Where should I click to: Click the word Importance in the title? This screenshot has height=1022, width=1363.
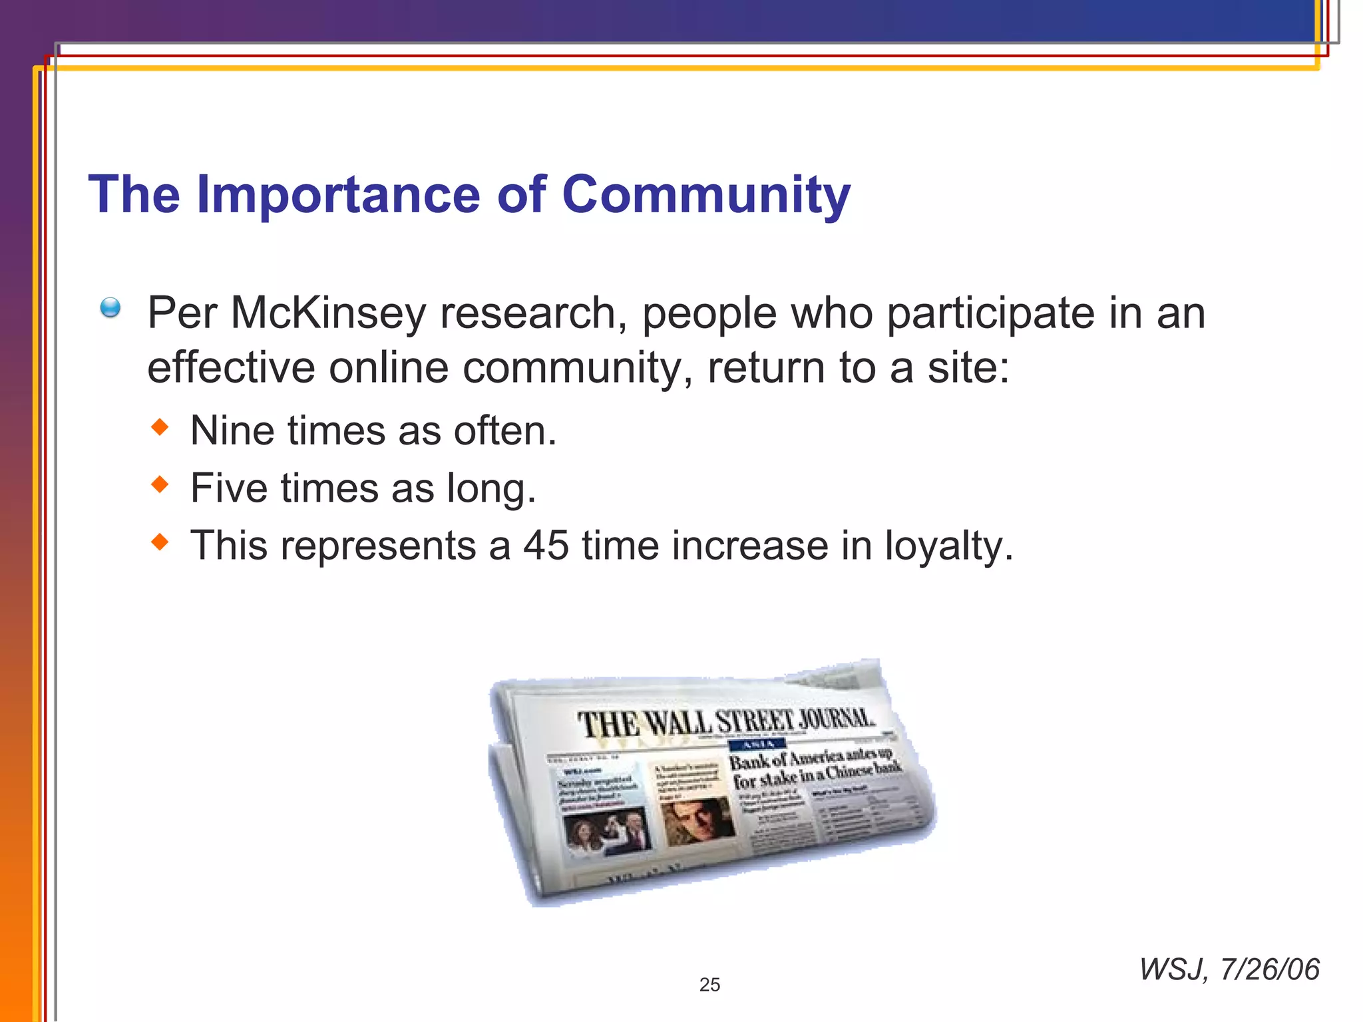[338, 194]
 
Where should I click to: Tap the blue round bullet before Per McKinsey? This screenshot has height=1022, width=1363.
[110, 307]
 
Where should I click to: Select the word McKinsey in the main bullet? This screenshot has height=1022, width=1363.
[327, 313]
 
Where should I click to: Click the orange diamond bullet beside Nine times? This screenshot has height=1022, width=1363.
[160, 427]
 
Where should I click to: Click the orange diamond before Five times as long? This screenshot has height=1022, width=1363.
[160, 484]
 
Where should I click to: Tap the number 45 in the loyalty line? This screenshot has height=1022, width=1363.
[546, 546]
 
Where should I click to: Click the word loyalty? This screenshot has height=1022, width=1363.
[948, 547]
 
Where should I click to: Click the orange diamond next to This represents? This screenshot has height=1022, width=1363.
[160, 542]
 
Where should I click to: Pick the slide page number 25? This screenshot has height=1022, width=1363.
[709, 985]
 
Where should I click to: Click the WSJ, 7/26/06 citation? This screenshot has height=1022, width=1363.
[1229, 969]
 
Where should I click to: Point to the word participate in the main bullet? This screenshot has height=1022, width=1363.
[990, 313]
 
